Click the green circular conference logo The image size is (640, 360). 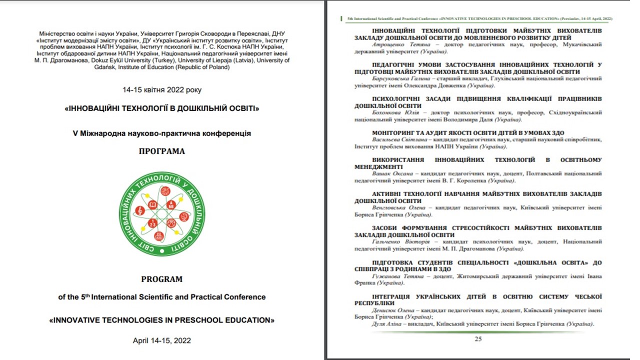(162, 213)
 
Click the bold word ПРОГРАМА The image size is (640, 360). (162, 151)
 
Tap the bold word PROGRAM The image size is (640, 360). (161, 279)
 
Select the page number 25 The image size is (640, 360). (478, 339)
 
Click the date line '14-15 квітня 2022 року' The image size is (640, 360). (162, 90)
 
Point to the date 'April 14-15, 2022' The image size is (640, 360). (162, 340)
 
